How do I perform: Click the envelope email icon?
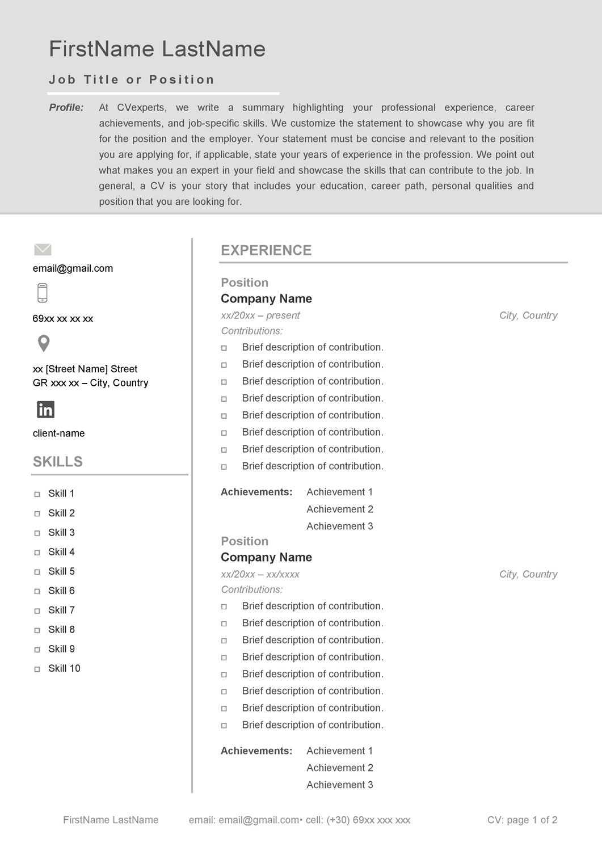[x=43, y=250]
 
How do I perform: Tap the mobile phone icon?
[x=43, y=293]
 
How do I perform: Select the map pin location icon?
[x=43, y=343]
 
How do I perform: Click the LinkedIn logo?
[x=45, y=409]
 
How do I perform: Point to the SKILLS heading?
[x=58, y=462]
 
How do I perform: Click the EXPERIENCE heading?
[x=266, y=251]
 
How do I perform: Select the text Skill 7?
[x=61, y=610]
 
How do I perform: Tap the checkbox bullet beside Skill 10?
[x=37, y=669]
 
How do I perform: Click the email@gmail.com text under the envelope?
[x=73, y=268]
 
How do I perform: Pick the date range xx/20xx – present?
[x=260, y=315]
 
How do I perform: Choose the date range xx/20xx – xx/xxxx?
[x=260, y=574]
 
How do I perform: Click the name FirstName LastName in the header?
[x=157, y=49]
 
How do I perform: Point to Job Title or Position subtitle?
[x=132, y=80]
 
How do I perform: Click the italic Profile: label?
[x=66, y=108]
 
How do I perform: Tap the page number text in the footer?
[x=522, y=820]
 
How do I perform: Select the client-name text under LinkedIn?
[x=58, y=433]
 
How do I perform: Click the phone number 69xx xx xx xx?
[x=63, y=319]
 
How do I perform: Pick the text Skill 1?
[x=61, y=494]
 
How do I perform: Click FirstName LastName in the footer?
[x=111, y=820]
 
